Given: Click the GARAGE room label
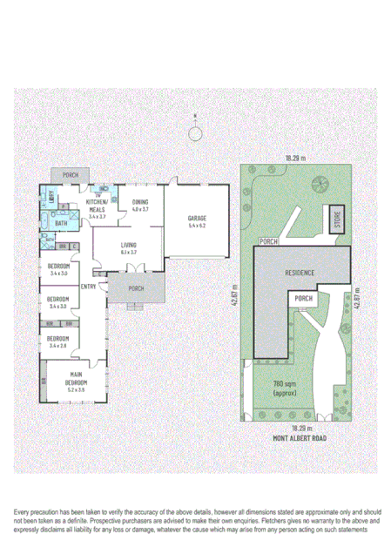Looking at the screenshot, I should pyautogui.click(x=196, y=219).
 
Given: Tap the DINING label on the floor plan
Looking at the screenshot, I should pyautogui.click(x=140, y=202).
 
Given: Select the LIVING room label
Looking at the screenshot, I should pyautogui.click(x=129, y=246).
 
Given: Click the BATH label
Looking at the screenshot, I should pyautogui.click(x=61, y=223).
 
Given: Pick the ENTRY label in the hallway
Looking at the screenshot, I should pyautogui.click(x=89, y=286).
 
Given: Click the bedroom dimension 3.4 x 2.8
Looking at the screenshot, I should pyautogui.click(x=59, y=346).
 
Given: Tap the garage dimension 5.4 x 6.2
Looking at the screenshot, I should pyautogui.click(x=196, y=226).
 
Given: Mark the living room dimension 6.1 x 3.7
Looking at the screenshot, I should pyautogui.click(x=129, y=253).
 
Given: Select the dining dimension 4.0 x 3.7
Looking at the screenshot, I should pyautogui.click(x=140, y=210).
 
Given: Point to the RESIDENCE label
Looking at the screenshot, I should pyautogui.click(x=299, y=273).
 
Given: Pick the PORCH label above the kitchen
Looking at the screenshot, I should pyautogui.click(x=71, y=175).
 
